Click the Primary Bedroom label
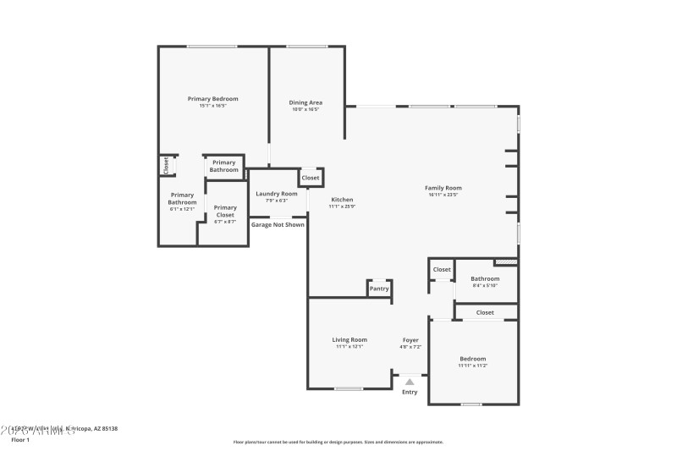[x=212, y=99]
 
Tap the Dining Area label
[x=306, y=102]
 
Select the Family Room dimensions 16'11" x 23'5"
[x=443, y=195]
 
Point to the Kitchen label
[x=342, y=200]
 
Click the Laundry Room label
[x=277, y=194]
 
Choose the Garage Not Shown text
[x=278, y=224]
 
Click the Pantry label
[x=379, y=289]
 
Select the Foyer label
[x=410, y=340]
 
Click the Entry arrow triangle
[x=410, y=382]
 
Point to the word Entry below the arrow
[x=410, y=392]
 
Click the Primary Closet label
[x=225, y=211]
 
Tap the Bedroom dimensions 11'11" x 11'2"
[x=472, y=365]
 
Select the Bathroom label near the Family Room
[x=485, y=278]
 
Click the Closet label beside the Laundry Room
[x=311, y=178]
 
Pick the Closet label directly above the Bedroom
[x=485, y=312]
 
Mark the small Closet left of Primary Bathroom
[x=166, y=166]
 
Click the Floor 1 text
[x=20, y=440]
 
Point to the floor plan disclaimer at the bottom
[x=338, y=442]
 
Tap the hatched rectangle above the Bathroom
[x=505, y=261]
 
